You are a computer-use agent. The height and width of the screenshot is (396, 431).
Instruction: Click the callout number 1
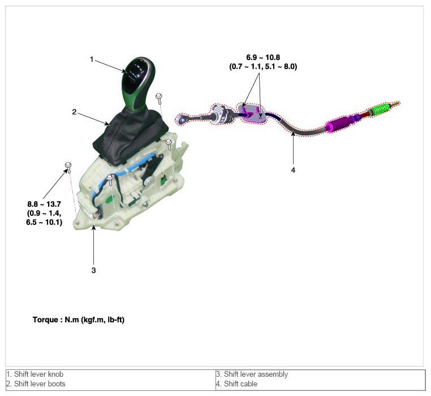(92, 59)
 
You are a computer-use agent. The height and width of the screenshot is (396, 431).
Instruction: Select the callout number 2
(74, 112)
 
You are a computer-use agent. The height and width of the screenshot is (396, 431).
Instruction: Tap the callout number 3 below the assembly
(94, 270)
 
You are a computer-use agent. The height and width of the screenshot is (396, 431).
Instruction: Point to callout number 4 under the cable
(293, 169)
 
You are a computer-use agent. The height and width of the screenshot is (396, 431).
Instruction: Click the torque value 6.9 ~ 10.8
(263, 58)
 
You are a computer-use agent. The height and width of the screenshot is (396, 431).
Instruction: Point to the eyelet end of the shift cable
(183, 119)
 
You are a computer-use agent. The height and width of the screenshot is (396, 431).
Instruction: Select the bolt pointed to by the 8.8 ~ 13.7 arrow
(68, 166)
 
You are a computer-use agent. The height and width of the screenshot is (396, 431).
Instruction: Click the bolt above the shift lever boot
(159, 97)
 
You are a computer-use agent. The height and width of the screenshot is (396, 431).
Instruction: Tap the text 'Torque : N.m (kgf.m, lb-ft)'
(79, 320)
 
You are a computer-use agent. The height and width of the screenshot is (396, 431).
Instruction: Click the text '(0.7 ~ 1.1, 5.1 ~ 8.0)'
(263, 66)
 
